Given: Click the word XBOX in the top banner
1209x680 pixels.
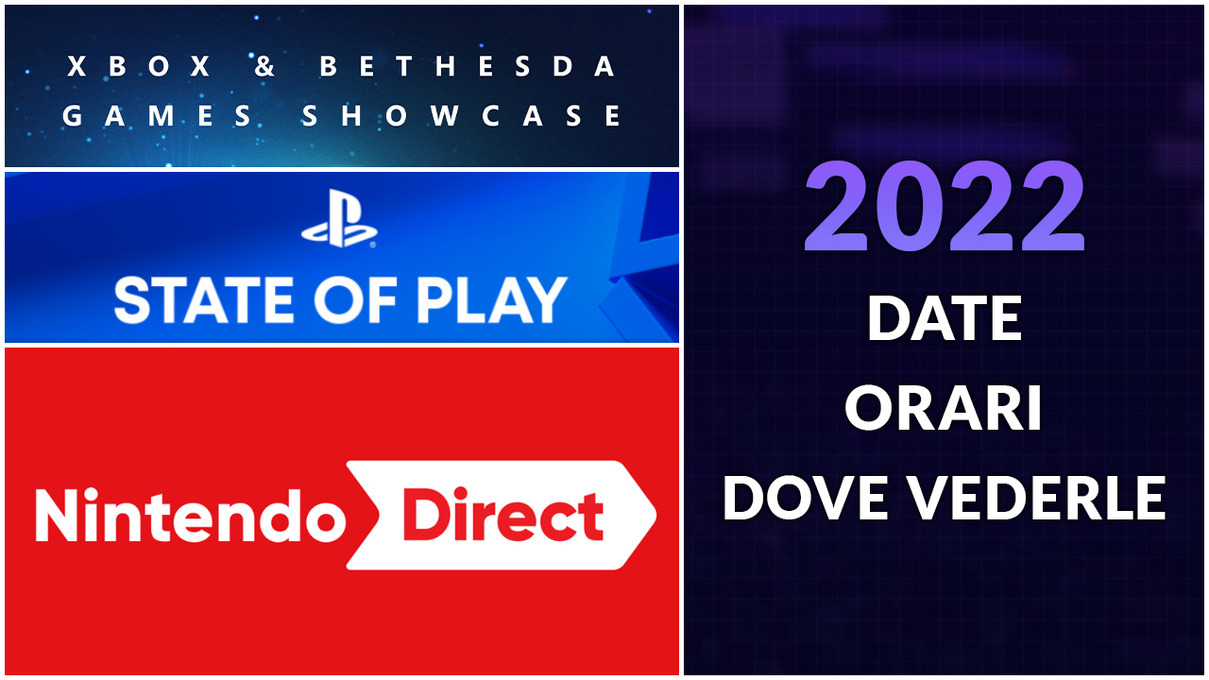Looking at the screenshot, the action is tap(139, 66).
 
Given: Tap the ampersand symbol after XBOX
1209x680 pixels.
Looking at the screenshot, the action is tap(264, 66).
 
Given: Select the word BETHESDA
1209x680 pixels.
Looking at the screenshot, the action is tap(467, 66).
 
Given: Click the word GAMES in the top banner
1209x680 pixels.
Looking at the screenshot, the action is tap(156, 115).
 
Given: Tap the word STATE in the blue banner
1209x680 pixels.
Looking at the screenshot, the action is tap(204, 300).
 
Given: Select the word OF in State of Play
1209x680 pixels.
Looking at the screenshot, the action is tap(356, 300).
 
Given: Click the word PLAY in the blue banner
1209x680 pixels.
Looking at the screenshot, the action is tap(492, 300).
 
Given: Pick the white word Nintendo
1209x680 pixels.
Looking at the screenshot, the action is tap(190, 516).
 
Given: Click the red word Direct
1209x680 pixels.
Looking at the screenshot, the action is tap(503, 513).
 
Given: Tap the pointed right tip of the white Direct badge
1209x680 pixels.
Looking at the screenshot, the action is tap(656, 515).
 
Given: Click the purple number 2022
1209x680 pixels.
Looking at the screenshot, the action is tap(945, 206).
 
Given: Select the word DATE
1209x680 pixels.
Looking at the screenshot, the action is tap(945, 318).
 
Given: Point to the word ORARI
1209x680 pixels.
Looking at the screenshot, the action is tap(943, 408).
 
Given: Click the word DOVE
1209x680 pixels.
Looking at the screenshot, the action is tap(806, 498).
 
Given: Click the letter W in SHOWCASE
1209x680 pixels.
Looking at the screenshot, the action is tap(445, 115).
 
